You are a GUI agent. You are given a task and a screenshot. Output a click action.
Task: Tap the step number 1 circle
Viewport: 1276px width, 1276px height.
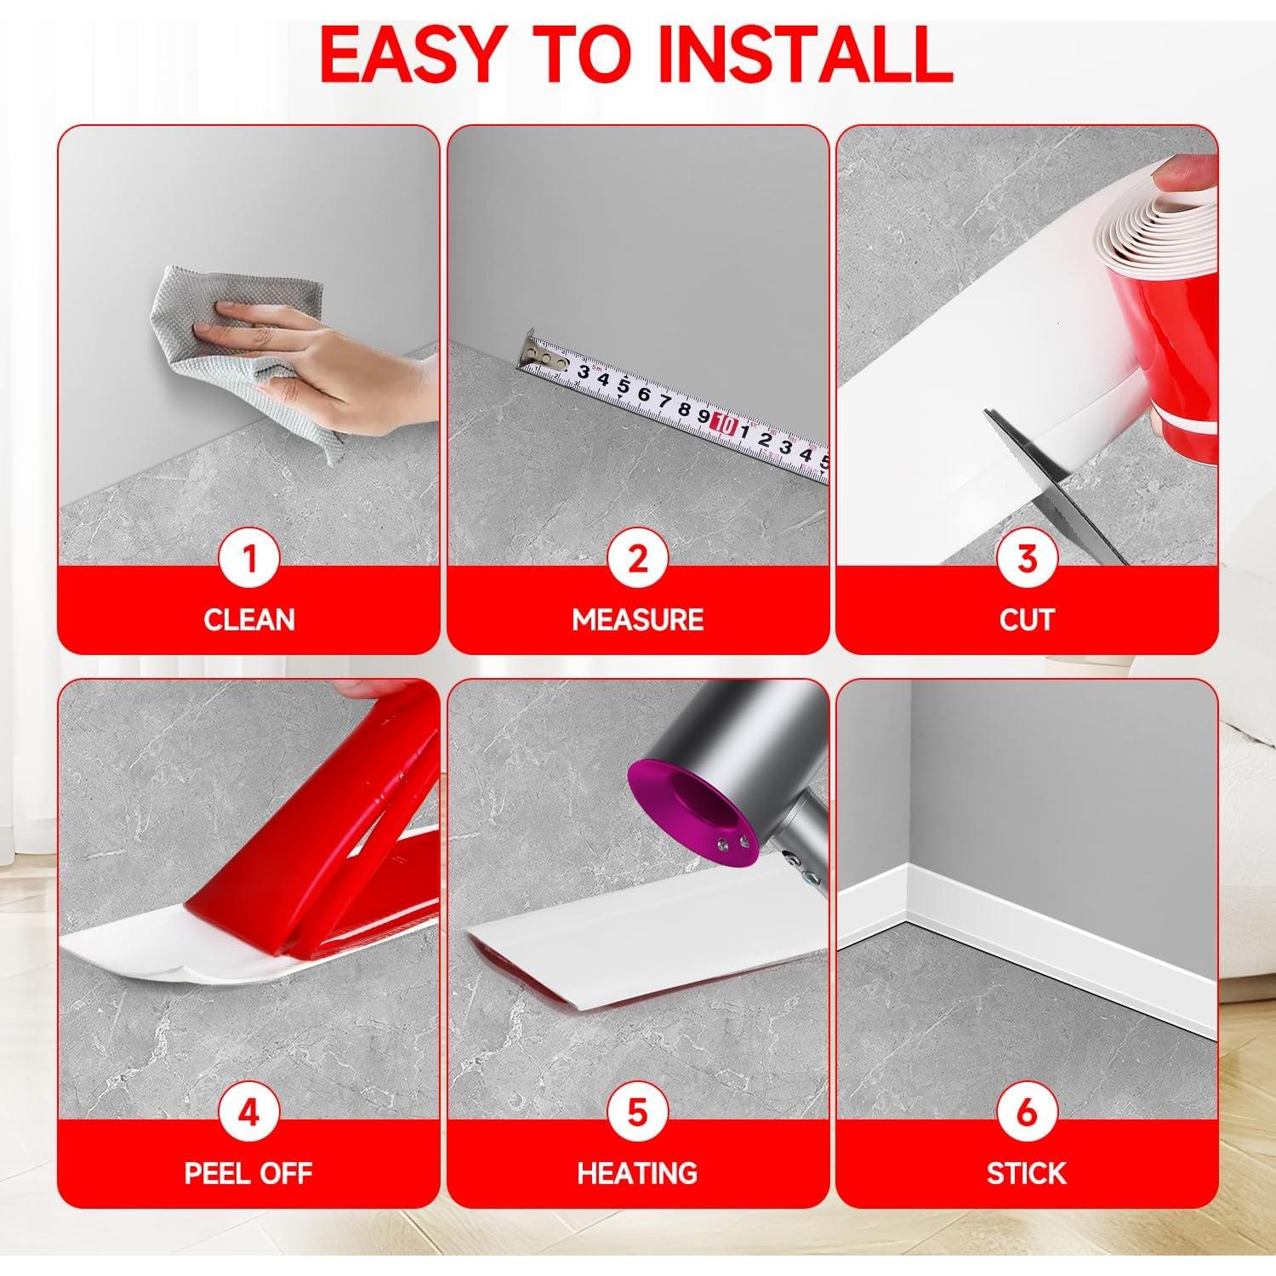[x=249, y=560]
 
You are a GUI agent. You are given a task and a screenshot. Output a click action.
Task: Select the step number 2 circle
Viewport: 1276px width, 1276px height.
[x=638, y=560]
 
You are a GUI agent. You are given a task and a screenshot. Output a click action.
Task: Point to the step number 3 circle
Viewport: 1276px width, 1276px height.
[x=1027, y=560]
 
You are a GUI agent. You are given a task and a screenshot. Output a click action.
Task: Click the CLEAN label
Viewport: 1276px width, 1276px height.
[x=249, y=619]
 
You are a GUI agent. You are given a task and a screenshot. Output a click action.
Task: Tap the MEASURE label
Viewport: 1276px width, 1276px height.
[x=638, y=619]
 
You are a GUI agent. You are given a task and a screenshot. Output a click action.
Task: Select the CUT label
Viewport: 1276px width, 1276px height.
[x=1027, y=619]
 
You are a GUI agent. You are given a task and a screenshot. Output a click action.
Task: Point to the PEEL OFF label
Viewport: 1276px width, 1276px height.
[x=249, y=1173]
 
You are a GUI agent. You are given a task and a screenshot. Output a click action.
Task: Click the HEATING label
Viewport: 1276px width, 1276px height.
[x=638, y=1173]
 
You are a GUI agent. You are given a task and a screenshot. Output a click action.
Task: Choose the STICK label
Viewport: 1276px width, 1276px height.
[x=1027, y=1173]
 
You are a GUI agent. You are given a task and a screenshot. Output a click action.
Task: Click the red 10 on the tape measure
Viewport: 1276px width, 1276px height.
[x=726, y=422]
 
